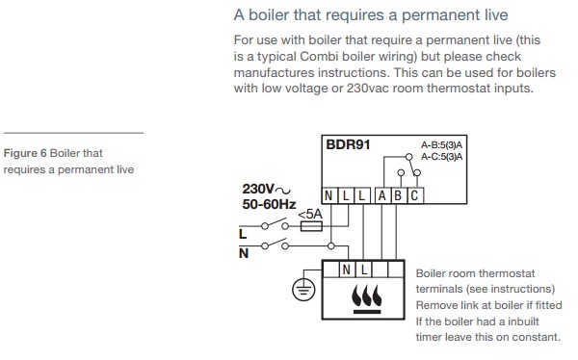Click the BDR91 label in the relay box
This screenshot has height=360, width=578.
pos(348,144)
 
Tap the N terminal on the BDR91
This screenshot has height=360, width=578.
pos(328,195)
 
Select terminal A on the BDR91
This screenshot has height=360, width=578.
pos(382,195)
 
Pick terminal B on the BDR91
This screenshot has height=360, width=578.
pos(398,195)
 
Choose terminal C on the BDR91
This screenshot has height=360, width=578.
pos(414,195)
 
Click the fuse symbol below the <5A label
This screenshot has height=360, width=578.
pos(311,226)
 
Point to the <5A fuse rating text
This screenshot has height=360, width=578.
pos(310,214)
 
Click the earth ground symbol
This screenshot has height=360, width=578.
pos(303,290)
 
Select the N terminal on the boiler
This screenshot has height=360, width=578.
pos(346,270)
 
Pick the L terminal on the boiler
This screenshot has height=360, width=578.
pos(364,270)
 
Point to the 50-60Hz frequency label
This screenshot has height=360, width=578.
pos(269,204)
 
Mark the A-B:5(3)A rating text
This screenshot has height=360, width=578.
pos(441,144)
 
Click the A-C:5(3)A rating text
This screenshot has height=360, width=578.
pos(441,157)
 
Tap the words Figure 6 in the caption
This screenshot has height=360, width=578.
pos(25,153)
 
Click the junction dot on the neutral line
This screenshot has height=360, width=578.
pos(331,245)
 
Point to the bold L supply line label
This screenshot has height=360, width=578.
pos(243,234)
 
